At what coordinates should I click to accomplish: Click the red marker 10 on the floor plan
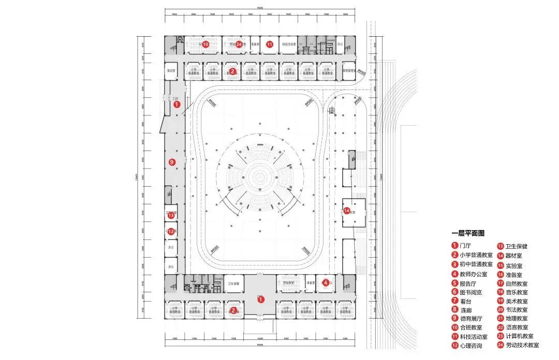coord(205,44)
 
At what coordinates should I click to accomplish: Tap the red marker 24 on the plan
coord(239,44)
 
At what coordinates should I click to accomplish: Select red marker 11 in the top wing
coord(270,44)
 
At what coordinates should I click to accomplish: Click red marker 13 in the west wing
coord(171,215)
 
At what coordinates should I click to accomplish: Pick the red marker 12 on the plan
coord(171,232)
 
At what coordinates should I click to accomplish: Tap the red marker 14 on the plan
coord(347,211)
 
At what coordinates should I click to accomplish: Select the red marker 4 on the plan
coord(326,282)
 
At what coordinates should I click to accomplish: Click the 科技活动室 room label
coord(289,45)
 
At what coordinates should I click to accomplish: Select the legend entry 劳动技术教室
coord(522,345)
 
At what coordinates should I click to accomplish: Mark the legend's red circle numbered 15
coord(501,265)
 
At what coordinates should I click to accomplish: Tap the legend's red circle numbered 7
coord(454,301)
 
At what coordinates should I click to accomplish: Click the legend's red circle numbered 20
coord(501,309)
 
